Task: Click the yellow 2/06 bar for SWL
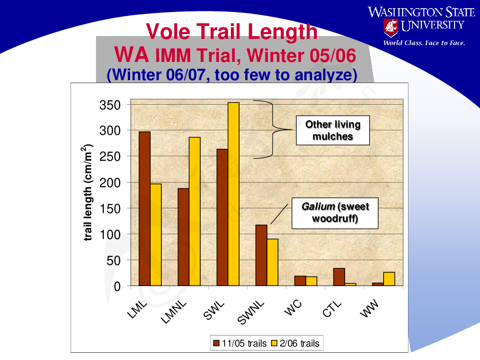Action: pyautogui.click(x=234, y=194)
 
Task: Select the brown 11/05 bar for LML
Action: pyautogui.click(x=144, y=209)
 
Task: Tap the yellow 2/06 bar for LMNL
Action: pyautogui.click(x=195, y=212)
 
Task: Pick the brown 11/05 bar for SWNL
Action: pyautogui.click(x=262, y=255)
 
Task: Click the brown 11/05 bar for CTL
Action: pyautogui.click(x=339, y=277)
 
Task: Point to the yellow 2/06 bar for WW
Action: pyautogui.click(x=389, y=279)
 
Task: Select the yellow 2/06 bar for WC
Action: pyautogui.click(x=312, y=281)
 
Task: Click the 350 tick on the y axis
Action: pyautogui.click(x=110, y=105)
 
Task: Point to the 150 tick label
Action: pyautogui.click(x=110, y=209)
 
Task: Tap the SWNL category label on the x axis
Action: pyautogui.click(x=251, y=312)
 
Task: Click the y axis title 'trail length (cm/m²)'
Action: pyautogui.click(x=87, y=192)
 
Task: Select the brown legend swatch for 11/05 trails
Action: pyautogui.click(x=216, y=343)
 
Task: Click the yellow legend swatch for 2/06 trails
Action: pyautogui.click(x=274, y=343)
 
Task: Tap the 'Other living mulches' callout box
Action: pyautogui.click(x=333, y=131)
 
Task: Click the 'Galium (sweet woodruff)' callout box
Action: pyautogui.click(x=335, y=213)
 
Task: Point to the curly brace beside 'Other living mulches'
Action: pyautogui.click(x=273, y=130)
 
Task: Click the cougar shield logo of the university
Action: pyautogui.click(x=391, y=27)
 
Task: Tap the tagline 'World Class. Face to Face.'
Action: pyautogui.click(x=424, y=43)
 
